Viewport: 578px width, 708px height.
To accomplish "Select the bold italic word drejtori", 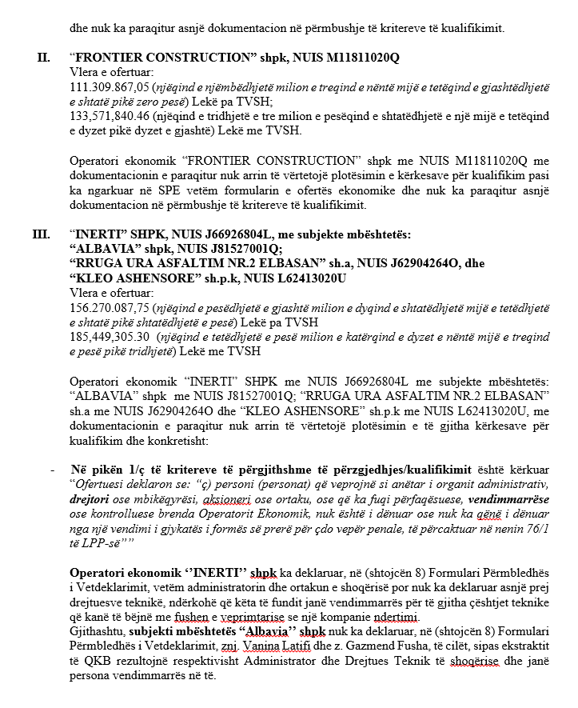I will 90,498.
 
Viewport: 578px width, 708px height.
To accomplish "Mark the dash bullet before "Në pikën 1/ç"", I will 52,470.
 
